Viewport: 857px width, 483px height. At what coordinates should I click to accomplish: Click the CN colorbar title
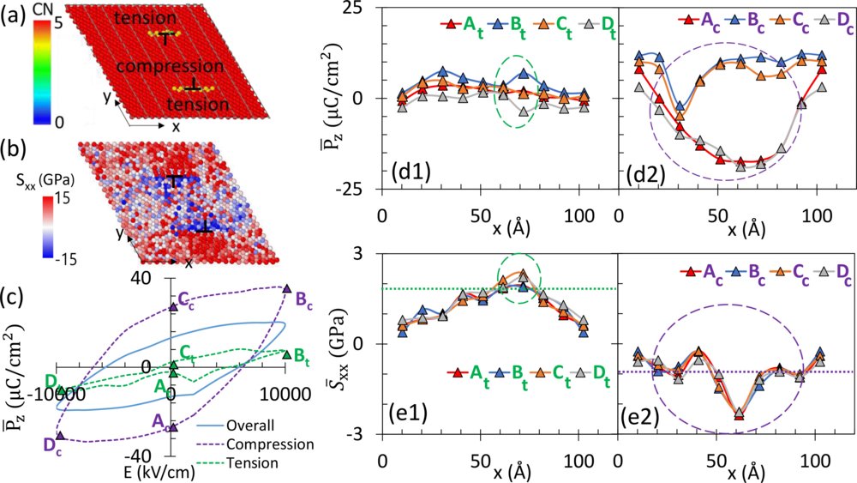44,9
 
